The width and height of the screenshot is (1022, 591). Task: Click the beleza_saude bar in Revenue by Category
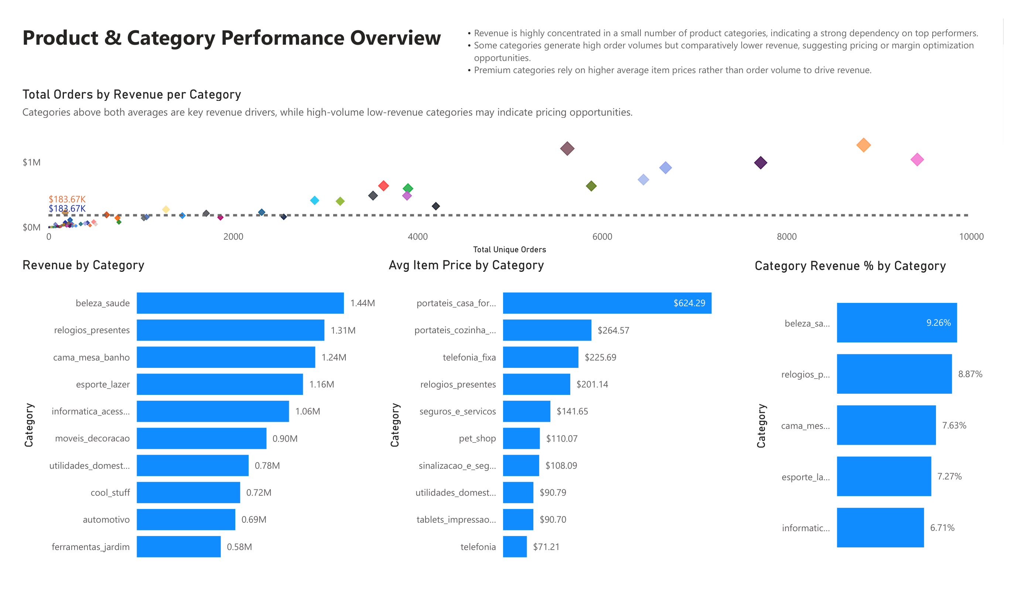240,303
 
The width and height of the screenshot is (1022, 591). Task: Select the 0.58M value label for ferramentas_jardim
239,547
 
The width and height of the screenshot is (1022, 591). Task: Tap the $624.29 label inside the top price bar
689,303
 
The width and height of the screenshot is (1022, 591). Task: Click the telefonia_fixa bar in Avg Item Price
540,357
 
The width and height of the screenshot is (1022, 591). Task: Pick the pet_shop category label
477,438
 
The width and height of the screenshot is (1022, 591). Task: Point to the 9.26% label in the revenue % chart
938,323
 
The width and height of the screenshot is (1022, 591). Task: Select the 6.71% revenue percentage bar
880,528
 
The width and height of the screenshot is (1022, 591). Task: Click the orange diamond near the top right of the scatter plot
864,145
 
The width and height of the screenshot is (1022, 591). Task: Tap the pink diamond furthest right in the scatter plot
917,160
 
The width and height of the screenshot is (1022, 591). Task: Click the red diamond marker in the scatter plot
383,186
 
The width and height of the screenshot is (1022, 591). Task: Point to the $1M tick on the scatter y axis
31,163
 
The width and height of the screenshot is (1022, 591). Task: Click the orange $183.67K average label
67,199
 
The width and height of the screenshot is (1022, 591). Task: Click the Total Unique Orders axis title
509,250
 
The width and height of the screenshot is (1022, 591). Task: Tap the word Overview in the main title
395,38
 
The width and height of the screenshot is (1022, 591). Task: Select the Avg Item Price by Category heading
466,265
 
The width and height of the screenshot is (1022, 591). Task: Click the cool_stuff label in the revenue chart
110,493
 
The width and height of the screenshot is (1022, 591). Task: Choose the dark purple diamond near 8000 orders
760,163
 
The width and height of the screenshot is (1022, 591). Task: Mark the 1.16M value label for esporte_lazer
322,385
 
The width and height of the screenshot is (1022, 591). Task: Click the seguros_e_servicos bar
526,411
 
